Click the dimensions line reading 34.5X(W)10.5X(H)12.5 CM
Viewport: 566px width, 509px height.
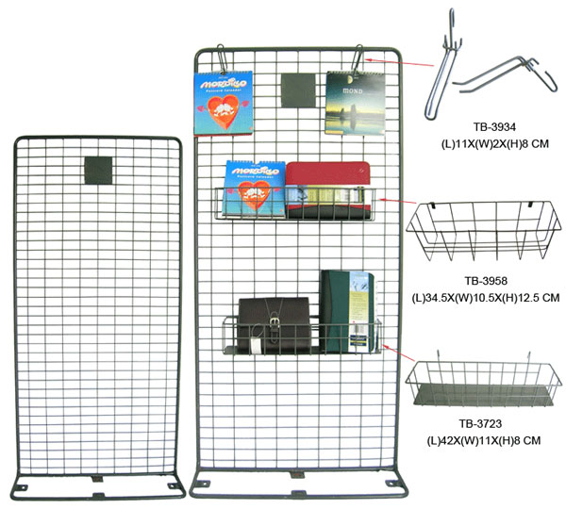[487, 297]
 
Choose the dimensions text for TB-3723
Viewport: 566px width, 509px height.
[487, 440]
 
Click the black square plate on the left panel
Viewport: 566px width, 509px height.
[98, 171]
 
